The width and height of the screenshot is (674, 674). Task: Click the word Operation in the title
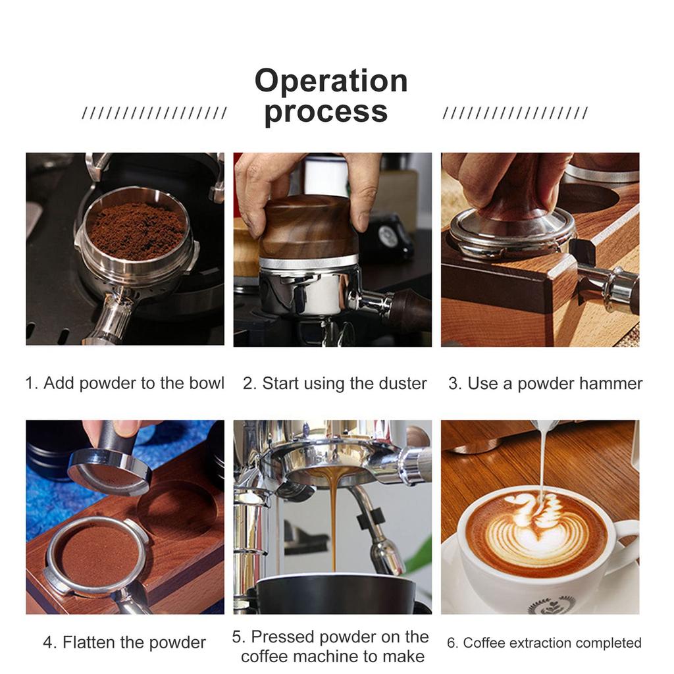pyautogui.click(x=331, y=81)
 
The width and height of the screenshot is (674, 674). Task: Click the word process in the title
pyautogui.click(x=326, y=111)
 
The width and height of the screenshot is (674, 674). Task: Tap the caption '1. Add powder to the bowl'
pyautogui.click(x=124, y=383)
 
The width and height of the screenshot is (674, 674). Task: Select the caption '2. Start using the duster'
pyautogui.click(x=334, y=383)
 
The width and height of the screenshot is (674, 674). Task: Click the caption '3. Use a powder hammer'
pyautogui.click(x=545, y=383)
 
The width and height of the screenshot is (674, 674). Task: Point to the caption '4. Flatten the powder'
pyautogui.click(x=124, y=642)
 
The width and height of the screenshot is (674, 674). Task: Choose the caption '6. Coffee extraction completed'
pyautogui.click(x=544, y=642)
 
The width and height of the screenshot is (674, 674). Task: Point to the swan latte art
pyautogui.click(x=536, y=523)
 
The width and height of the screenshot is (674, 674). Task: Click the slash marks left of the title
pyautogui.click(x=154, y=113)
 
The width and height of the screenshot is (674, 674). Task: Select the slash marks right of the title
pyautogui.click(x=515, y=113)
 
